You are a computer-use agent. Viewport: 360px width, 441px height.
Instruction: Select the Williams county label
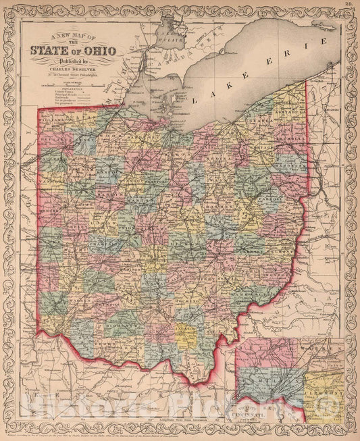(x=53, y=119)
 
